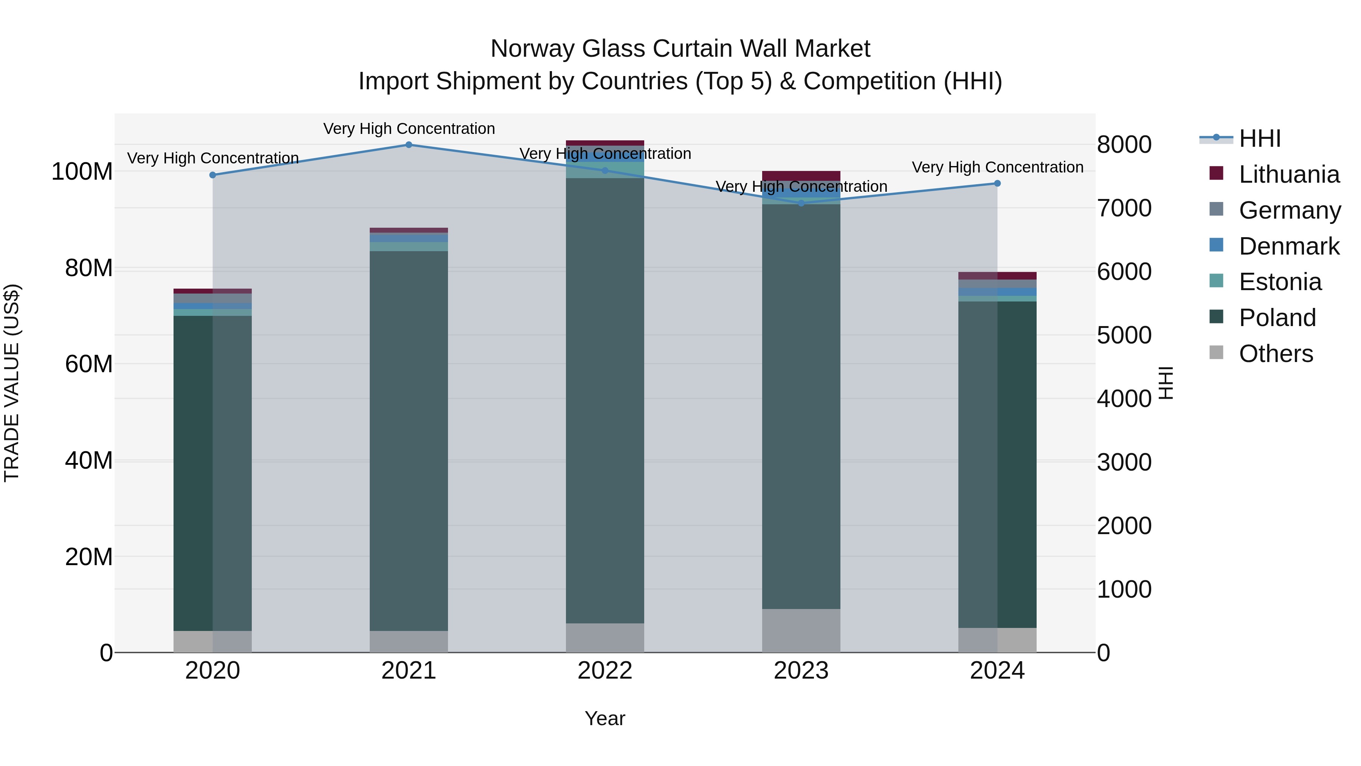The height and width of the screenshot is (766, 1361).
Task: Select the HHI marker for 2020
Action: click(212, 175)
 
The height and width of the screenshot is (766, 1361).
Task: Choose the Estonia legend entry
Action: click(1280, 282)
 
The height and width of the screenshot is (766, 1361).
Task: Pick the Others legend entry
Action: click(1276, 354)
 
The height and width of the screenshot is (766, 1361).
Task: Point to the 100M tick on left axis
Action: click(82, 172)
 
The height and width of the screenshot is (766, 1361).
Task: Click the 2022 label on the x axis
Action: click(605, 671)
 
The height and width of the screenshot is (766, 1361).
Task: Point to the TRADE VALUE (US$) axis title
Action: click(12, 383)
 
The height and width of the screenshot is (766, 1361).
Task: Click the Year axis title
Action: click(605, 718)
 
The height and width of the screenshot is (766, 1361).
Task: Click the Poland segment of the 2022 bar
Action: click(605, 402)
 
